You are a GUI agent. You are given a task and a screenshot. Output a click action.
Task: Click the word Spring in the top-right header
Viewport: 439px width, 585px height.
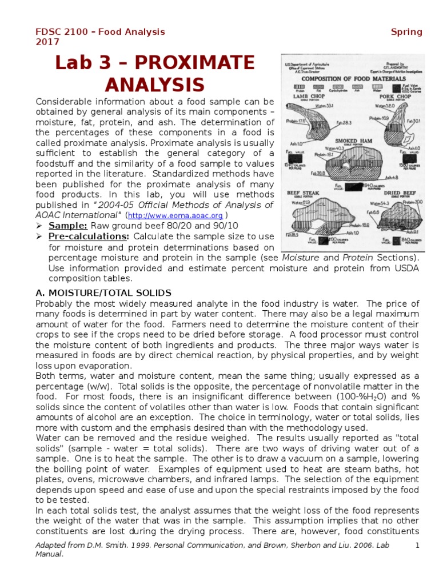(406, 32)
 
